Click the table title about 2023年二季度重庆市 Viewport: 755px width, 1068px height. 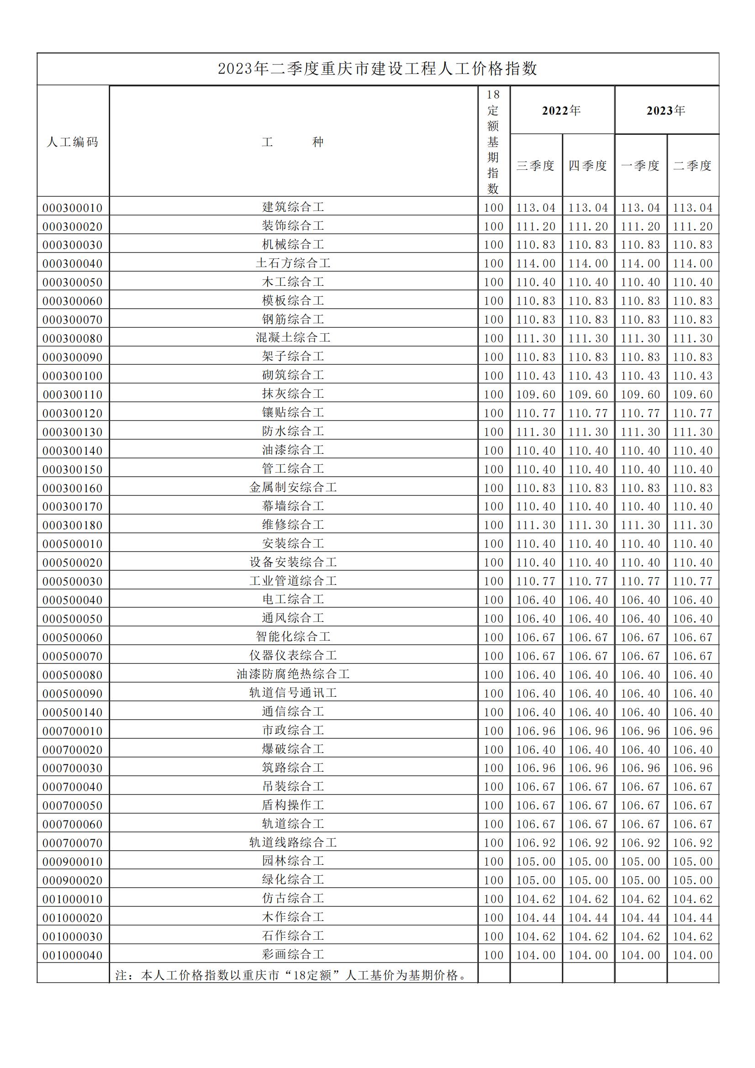tap(377, 69)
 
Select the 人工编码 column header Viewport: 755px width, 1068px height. tap(73, 142)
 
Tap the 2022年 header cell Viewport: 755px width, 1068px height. tap(561, 110)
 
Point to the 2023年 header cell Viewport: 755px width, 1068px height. tap(666, 110)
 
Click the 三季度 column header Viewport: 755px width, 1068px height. tap(535, 166)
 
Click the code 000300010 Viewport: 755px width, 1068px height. tap(73, 207)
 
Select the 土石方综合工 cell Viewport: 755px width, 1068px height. tap(293, 263)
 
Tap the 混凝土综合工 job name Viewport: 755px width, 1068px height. tap(293, 338)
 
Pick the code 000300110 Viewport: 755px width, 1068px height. tap(73, 395)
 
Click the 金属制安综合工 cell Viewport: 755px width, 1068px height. tap(293, 488)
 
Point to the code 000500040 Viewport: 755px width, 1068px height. tap(73, 600)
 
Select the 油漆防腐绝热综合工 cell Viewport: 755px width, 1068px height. tap(293, 674)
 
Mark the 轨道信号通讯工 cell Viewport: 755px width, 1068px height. tap(293, 693)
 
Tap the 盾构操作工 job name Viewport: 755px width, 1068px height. tap(293, 805)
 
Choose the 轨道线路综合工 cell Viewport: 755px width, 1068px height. tap(293, 842)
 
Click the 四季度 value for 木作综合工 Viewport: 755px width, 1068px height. tap(588, 918)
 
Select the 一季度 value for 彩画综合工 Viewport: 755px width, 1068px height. tap(640, 955)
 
